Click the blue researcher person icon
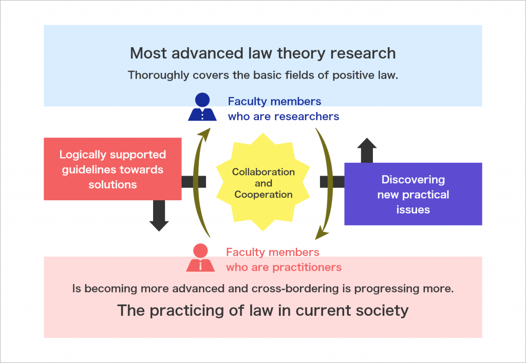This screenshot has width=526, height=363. (202, 107)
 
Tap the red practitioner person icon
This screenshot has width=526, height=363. (201, 257)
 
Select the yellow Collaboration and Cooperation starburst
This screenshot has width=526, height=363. (263, 182)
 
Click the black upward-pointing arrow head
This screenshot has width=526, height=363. (367, 143)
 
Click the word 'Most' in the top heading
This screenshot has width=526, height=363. (148, 53)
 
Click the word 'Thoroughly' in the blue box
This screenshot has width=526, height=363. (158, 75)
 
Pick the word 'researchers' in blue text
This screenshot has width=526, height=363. (307, 117)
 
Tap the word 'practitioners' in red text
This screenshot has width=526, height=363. (307, 267)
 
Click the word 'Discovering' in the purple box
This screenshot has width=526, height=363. (413, 180)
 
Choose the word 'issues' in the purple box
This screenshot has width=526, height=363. (413, 209)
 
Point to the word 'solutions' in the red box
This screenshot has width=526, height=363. (112, 184)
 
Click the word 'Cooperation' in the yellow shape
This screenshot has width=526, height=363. (264, 195)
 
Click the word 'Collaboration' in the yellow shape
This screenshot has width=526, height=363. (264, 171)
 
